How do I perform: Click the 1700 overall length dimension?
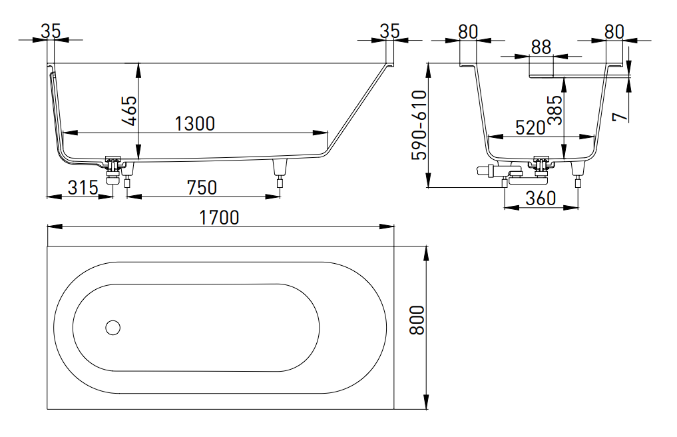pos(220,217)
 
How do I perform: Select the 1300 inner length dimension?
pos(194,123)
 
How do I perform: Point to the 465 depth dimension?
pos(129,111)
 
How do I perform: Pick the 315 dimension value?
pos(83,187)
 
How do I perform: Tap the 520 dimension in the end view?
pos(531,128)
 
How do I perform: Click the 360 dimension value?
pos(541,199)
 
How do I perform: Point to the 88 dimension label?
pos(541,47)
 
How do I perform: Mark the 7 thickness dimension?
pos(620,115)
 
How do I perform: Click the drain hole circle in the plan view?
pos(113,327)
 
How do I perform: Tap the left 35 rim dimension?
pos(51,31)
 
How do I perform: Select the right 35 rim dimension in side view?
pos(389,31)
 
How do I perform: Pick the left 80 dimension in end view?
pos(469,31)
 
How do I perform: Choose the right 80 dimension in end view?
pos(614,31)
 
